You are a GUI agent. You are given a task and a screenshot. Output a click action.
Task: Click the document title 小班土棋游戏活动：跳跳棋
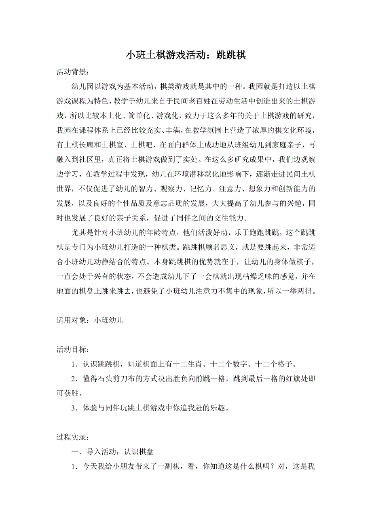(186, 55)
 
